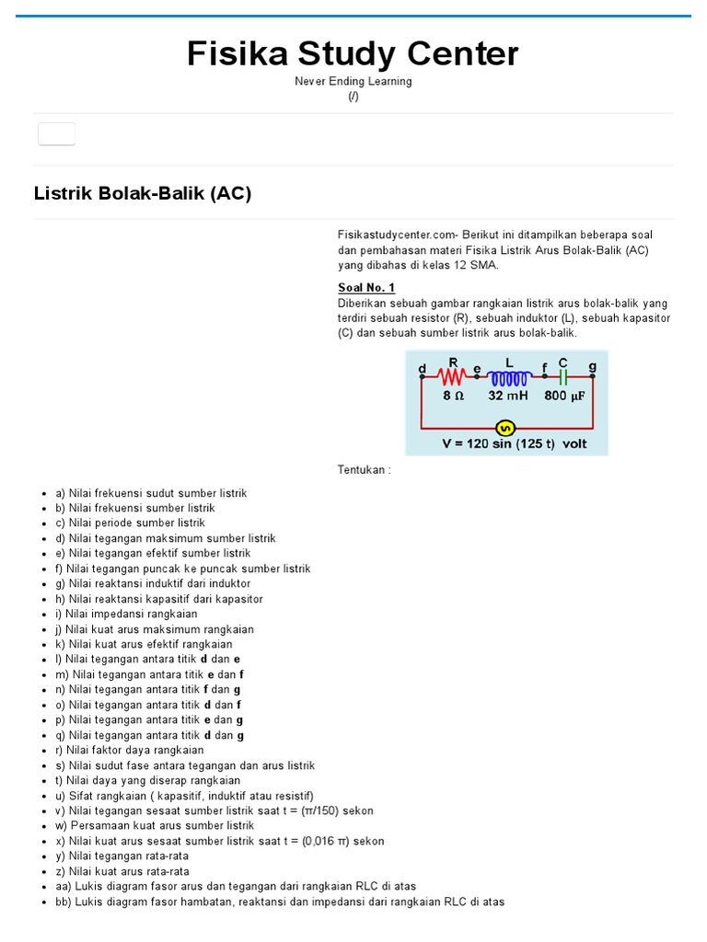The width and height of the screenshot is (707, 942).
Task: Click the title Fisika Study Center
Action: click(x=353, y=54)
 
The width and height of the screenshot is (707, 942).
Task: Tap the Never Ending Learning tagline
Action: click(x=353, y=81)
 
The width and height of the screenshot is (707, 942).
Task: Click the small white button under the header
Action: click(x=56, y=133)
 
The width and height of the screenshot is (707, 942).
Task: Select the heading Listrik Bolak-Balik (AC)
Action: click(x=143, y=194)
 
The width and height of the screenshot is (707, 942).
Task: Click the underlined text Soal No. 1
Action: click(x=365, y=288)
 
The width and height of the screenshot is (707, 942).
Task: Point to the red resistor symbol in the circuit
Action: click(x=452, y=376)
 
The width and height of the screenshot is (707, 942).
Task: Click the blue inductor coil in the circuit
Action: click(x=508, y=377)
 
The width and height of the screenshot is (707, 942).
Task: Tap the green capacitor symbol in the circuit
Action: click(x=562, y=377)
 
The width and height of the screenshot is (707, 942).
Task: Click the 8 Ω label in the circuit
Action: click(x=453, y=396)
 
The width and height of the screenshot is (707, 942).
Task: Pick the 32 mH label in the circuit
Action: click(x=508, y=396)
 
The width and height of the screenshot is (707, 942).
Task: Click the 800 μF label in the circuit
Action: click(x=564, y=396)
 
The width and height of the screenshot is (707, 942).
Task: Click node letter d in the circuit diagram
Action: click(x=423, y=368)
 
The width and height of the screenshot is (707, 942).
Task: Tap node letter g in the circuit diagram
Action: click(x=592, y=366)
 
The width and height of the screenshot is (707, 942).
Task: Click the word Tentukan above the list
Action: click(x=364, y=470)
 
